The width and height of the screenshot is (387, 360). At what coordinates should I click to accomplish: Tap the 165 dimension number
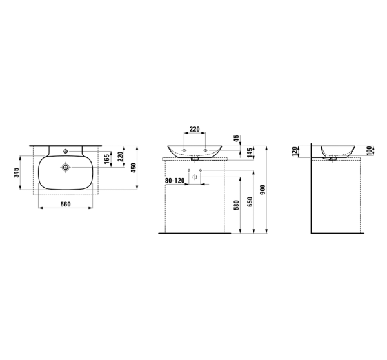click(107, 159)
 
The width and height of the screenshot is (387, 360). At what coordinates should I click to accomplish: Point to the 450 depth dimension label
click(133, 167)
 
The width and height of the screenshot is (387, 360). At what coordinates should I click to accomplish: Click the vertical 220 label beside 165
click(121, 157)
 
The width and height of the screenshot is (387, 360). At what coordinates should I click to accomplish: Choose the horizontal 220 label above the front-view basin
click(194, 128)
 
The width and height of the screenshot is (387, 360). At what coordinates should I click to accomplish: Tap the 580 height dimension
click(237, 205)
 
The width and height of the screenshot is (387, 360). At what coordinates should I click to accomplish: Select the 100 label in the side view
click(369, 150)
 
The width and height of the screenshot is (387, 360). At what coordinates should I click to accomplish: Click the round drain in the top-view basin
click(65, 168)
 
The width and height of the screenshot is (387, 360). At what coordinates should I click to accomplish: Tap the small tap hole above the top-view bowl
click(65, 150)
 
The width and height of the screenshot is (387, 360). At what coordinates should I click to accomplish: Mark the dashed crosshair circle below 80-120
click(195, 177)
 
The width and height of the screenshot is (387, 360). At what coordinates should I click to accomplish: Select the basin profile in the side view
click(337, 150)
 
